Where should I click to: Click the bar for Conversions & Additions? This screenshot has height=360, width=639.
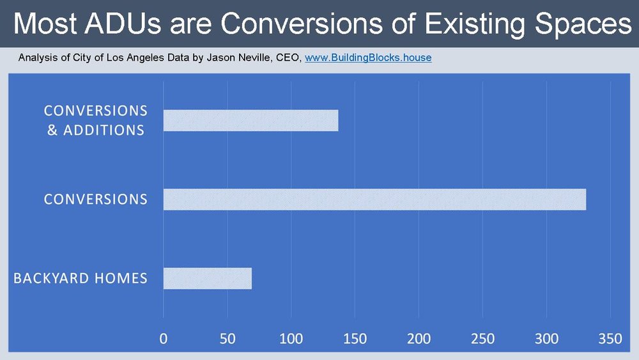tap(250, 120)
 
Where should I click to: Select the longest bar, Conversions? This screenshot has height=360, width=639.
tap(374, 200)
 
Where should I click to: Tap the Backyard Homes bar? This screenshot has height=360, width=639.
tap(207, 279)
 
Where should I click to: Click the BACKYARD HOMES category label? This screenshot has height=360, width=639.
tap(81, 279)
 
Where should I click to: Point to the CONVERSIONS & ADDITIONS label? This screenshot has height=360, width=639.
tap(95, 120)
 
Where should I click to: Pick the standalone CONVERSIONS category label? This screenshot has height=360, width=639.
tap(95, 200)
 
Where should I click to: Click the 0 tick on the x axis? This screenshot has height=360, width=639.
tap(164, 339)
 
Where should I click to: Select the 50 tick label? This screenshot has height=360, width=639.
tap(227, 339)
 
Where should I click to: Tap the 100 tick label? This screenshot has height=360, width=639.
tap(291, 339)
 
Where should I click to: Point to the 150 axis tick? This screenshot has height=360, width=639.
tap(355, 339)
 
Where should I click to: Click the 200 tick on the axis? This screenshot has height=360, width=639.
tap(419, 339)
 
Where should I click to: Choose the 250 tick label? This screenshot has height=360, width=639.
tap(482, 339)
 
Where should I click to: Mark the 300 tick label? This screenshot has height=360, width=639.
tap(546, 339)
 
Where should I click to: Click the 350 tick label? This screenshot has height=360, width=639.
tap(610, 339)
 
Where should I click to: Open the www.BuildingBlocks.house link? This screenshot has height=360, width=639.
tap(368, 58)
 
